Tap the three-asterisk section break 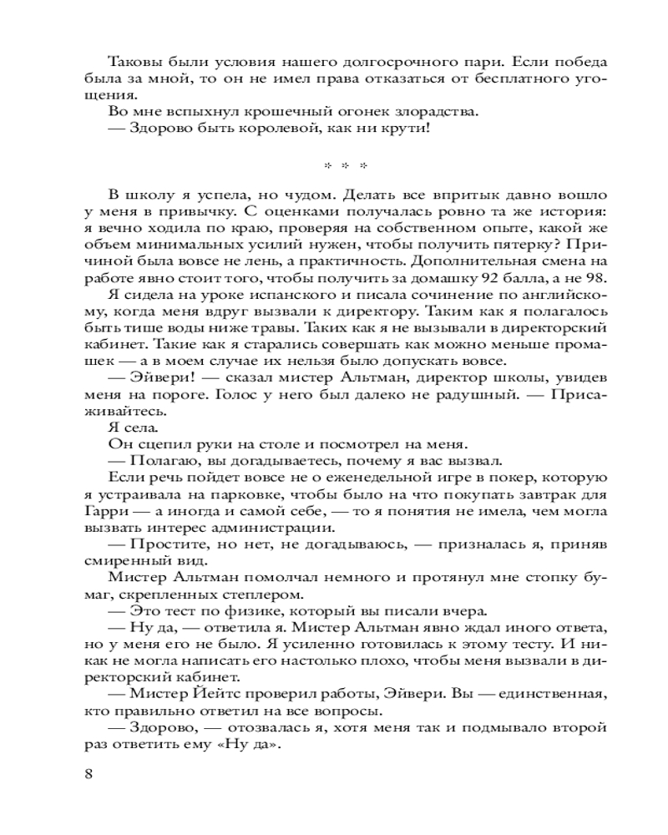pos(333,164)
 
